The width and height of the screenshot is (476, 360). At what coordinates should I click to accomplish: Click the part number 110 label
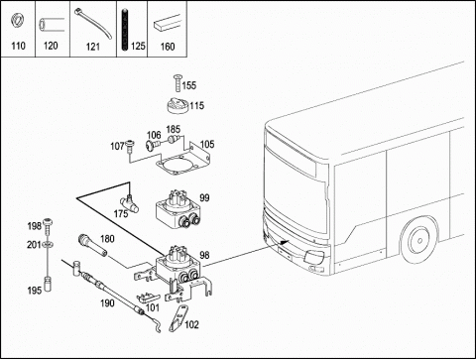point(18,46)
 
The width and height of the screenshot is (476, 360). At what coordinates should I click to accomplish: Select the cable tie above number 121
point(93,24)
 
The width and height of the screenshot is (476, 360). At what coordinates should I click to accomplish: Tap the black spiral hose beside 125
point(125,30)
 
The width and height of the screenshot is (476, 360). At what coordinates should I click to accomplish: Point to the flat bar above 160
point(168,24)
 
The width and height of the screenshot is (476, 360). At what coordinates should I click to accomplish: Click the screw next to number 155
point(178,82)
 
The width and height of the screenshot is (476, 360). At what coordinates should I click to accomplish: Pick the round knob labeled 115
point(178,106)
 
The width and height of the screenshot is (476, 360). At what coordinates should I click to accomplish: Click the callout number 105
point(207,145)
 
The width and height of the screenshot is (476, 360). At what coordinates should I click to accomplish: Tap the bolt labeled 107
point(130,146)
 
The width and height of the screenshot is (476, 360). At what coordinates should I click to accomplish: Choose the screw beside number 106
point(153,145)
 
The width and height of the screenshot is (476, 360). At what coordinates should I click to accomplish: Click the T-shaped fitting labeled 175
point(130,202)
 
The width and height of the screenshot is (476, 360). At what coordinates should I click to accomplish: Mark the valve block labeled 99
point(178,210)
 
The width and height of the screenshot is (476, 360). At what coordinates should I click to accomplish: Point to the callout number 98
point(204,255)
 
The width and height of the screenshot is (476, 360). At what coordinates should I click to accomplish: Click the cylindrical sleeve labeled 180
point(92,245)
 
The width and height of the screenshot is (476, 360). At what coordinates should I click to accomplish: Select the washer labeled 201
point(49,245)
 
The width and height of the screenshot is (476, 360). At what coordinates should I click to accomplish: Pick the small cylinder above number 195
point(49,284)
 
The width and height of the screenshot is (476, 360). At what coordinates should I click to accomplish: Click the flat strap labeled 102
point(178,318)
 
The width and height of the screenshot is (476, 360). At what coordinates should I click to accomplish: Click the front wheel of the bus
point(419,240)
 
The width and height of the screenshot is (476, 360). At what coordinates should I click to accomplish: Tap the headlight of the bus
point(314,256)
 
